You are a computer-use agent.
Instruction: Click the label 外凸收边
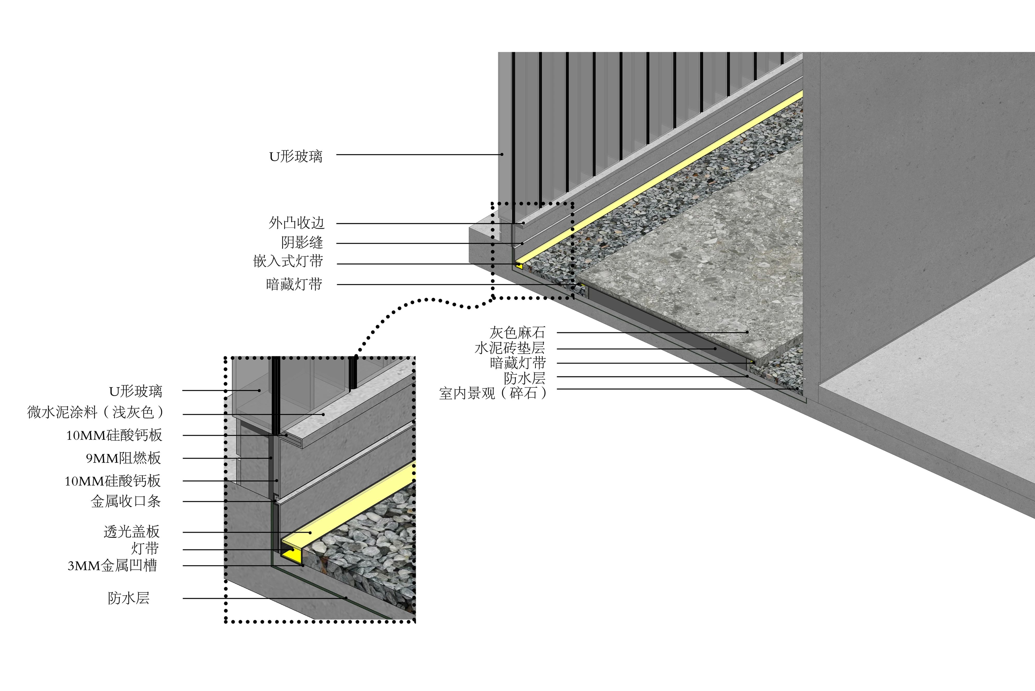297,223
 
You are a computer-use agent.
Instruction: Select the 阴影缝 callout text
302,242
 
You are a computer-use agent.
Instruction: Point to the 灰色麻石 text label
517,332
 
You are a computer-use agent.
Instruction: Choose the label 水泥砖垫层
509,348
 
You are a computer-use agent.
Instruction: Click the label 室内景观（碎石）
492,393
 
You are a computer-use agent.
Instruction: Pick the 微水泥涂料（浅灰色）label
95,412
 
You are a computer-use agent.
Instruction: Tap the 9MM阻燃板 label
123,458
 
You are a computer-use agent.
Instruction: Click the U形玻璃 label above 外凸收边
296,156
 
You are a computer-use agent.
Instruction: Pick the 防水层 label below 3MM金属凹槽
129,598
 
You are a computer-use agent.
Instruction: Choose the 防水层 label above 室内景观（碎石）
524,378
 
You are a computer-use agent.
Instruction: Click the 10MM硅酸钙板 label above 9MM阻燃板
114,435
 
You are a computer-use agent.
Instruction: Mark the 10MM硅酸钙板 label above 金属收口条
113,481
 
